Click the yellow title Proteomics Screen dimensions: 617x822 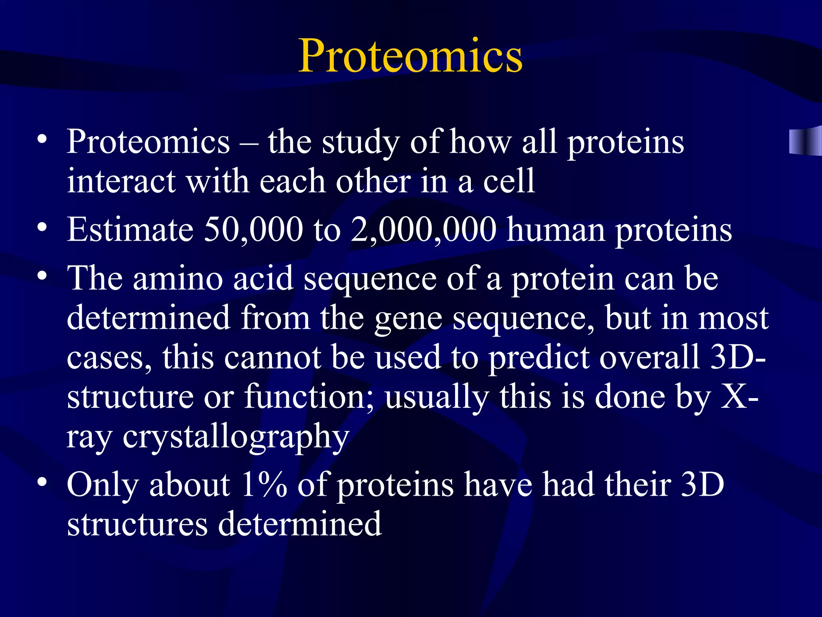click(x=410, y=56)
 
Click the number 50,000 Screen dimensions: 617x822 click(x=253, y=230)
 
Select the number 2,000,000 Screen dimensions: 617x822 click(x=423, y=230)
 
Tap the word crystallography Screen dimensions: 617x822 click(x=236, y=437)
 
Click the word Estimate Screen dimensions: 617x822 click(x=130, y=230)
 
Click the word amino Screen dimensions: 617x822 click(x=177, y=279)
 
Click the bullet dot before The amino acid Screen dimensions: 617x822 click(x=42, y=276)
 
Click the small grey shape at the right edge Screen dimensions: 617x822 click(x=805, y=140)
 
